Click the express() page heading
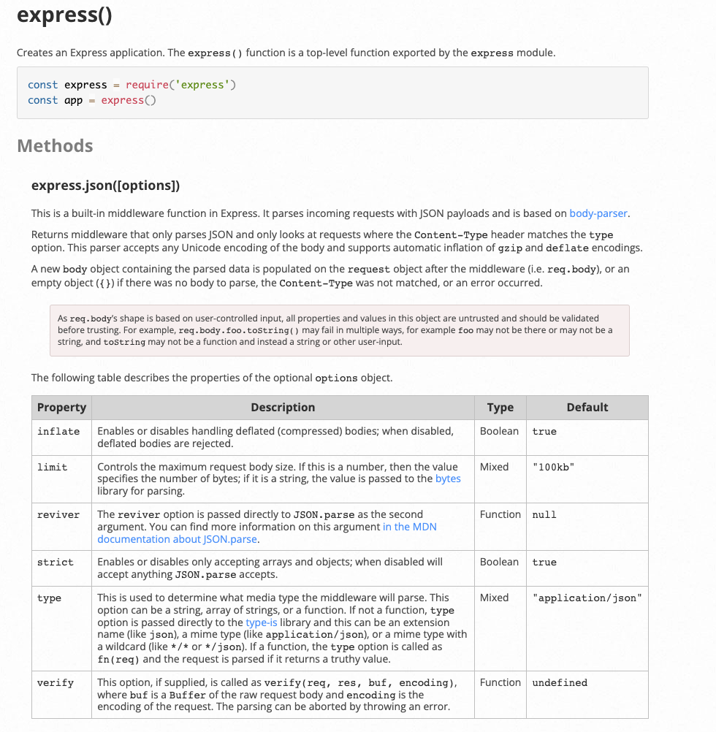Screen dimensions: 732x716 click(64, 15)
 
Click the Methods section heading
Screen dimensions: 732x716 click(55, 145)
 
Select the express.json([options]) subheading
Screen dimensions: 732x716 click(105, 186)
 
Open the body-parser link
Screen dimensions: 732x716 click(598, 213)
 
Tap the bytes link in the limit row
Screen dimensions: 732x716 click(448, 479)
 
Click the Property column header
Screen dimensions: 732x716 click(61, 408)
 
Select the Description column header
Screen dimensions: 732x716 click(283, 408)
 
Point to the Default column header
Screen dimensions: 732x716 click(587, 408)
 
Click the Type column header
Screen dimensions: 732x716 click(500, 408)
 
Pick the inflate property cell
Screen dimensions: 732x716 click(58, 432)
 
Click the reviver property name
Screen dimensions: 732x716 click(58, 515)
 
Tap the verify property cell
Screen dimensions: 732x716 click(56, 683)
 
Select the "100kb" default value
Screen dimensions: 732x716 click(553, 468)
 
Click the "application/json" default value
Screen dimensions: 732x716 click(587, 598)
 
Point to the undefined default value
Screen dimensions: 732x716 click(560, 683)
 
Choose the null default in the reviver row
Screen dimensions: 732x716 click(544, 515)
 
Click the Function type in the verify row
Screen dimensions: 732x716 click(500, 682)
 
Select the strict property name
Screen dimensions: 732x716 click(56, 563)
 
